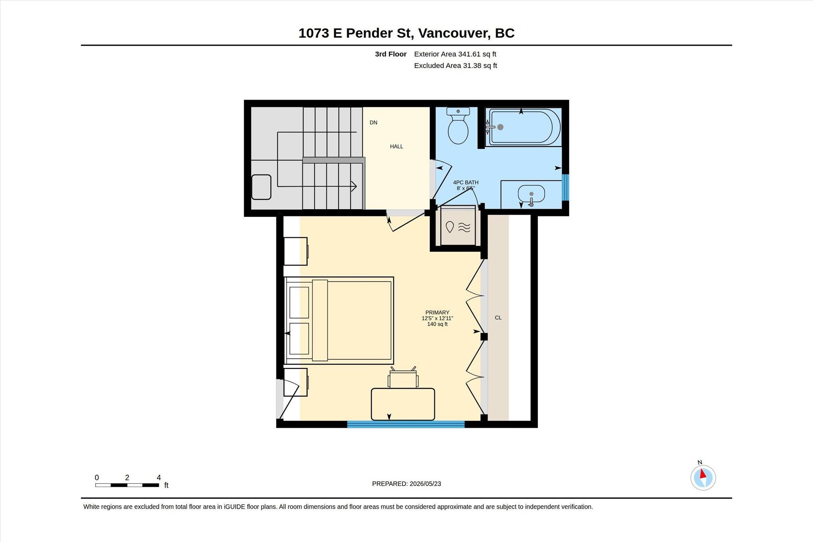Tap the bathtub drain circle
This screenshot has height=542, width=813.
(500, 127)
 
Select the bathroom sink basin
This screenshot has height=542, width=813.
(531, 194)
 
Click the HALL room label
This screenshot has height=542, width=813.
(396, 147)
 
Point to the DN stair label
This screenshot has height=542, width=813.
(373, 123)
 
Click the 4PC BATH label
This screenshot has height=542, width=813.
(466, 183)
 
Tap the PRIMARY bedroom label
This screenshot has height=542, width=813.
(437, 312)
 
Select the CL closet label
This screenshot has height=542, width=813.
(498, 318)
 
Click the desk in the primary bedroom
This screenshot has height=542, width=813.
(403, 404)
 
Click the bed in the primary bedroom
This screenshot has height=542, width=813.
(339, 320)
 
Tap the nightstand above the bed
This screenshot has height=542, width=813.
(296, 251)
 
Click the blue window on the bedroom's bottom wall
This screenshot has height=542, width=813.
(406, 424)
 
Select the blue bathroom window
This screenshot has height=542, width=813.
(565, 187)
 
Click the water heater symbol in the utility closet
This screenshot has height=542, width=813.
(458, 227)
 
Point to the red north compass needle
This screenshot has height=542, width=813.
(703, 473)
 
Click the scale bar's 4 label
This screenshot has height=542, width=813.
(159, 478)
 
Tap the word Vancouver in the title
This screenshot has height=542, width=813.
(453, 33)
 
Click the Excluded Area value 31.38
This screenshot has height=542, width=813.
(471, 66)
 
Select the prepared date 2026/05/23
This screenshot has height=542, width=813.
(425, 484)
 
